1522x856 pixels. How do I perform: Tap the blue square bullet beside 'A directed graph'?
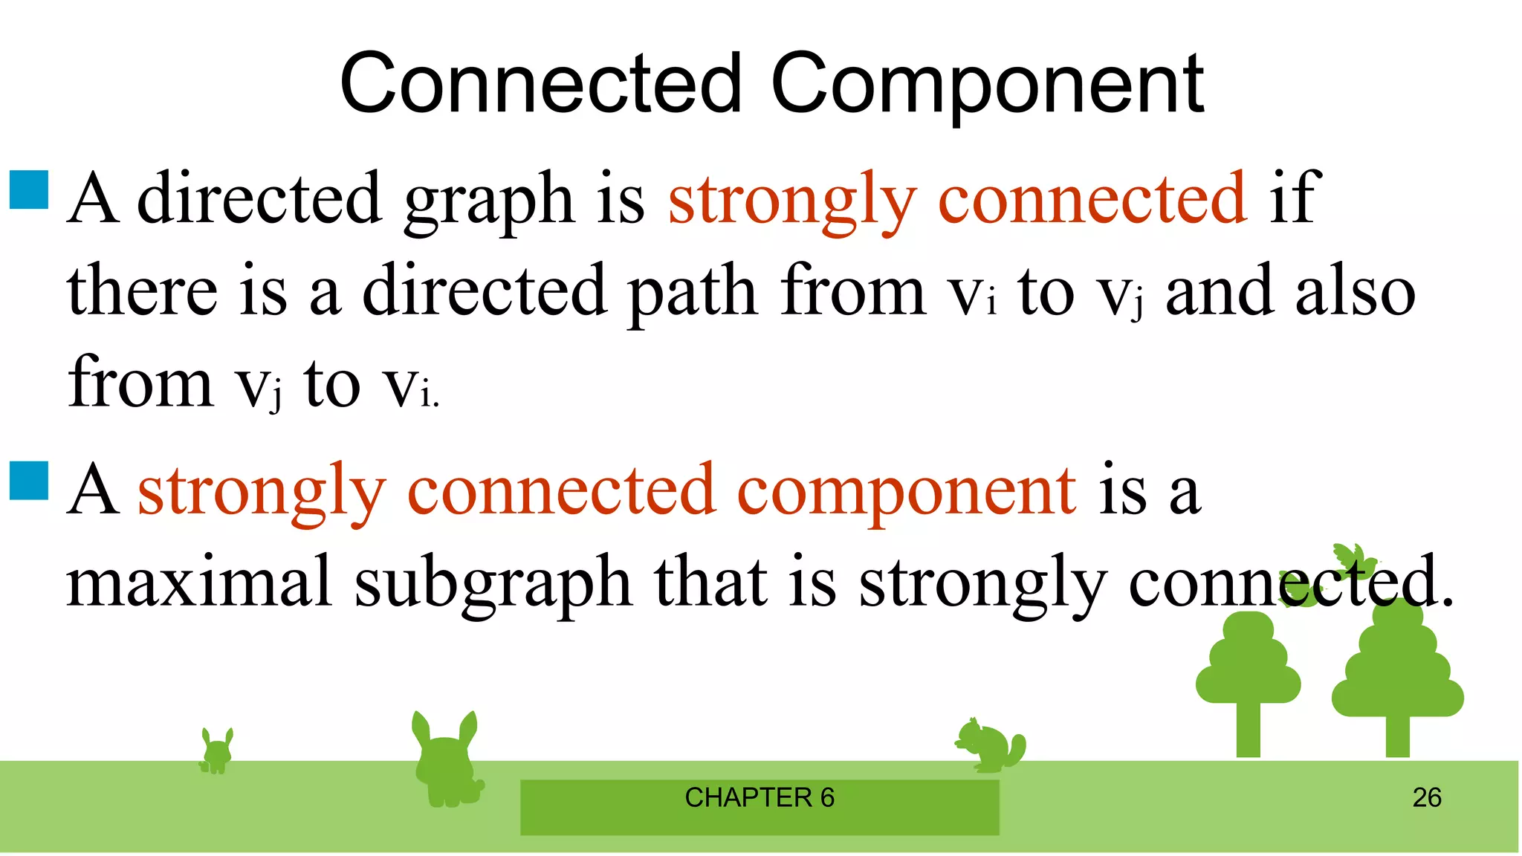point(29,189)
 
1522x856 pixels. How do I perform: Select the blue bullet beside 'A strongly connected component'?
point(29,481)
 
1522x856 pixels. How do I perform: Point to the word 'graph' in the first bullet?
point(488,199)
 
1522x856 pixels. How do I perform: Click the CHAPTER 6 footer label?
point(760,798)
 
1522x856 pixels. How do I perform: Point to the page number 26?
point(1427,798)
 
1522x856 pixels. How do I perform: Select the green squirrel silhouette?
point(990,745)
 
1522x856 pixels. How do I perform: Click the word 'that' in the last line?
point(710,582)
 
